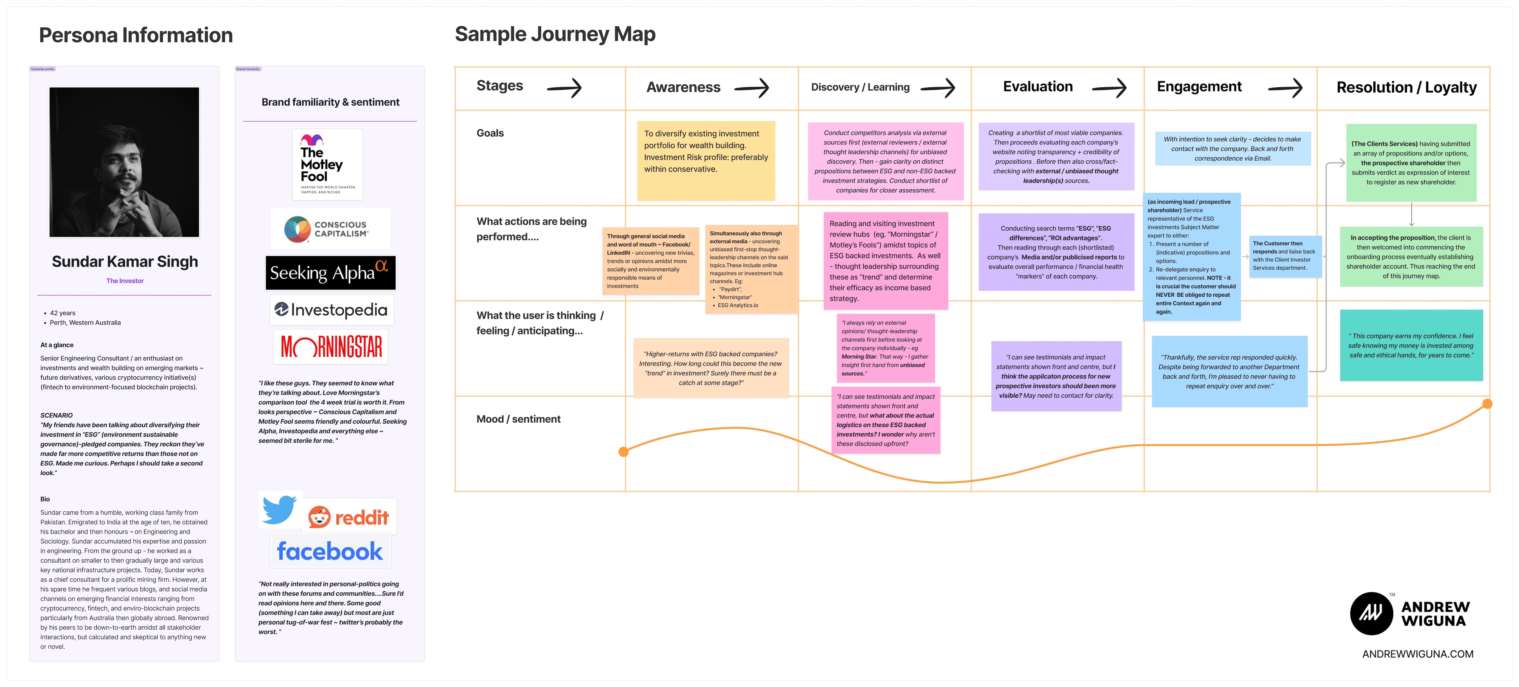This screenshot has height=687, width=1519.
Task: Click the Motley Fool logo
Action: [x=327, y=164]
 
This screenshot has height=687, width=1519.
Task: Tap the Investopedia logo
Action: [x=331, y=310]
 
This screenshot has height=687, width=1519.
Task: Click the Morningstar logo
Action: [x=331, y=347]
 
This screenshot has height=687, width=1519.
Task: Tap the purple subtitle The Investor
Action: [x=125, y=281]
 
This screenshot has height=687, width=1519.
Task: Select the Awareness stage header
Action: [x=683, y=87]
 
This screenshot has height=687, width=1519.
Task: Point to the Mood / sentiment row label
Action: [x=518, y=419]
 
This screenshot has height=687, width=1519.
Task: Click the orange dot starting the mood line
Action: [x=623, y=452]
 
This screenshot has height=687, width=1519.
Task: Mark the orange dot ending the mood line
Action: [x=1487, y=404]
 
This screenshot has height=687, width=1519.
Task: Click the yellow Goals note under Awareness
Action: [x=706, y=160]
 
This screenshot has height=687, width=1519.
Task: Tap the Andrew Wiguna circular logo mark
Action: [x=1371, y=613]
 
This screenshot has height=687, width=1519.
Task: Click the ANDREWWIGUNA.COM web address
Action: [x=1418, y=654]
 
